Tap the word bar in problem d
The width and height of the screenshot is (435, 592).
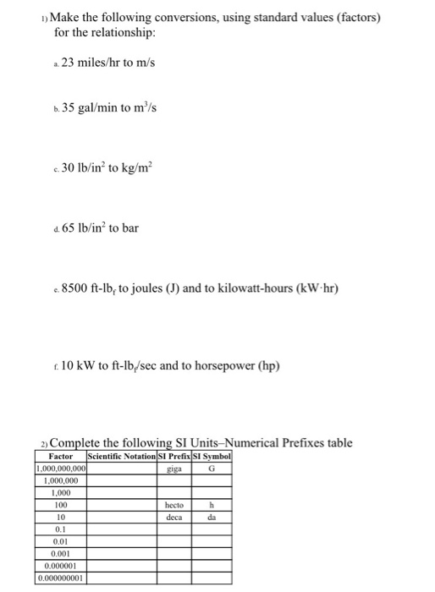137,227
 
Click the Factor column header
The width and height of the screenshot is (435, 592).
61,457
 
